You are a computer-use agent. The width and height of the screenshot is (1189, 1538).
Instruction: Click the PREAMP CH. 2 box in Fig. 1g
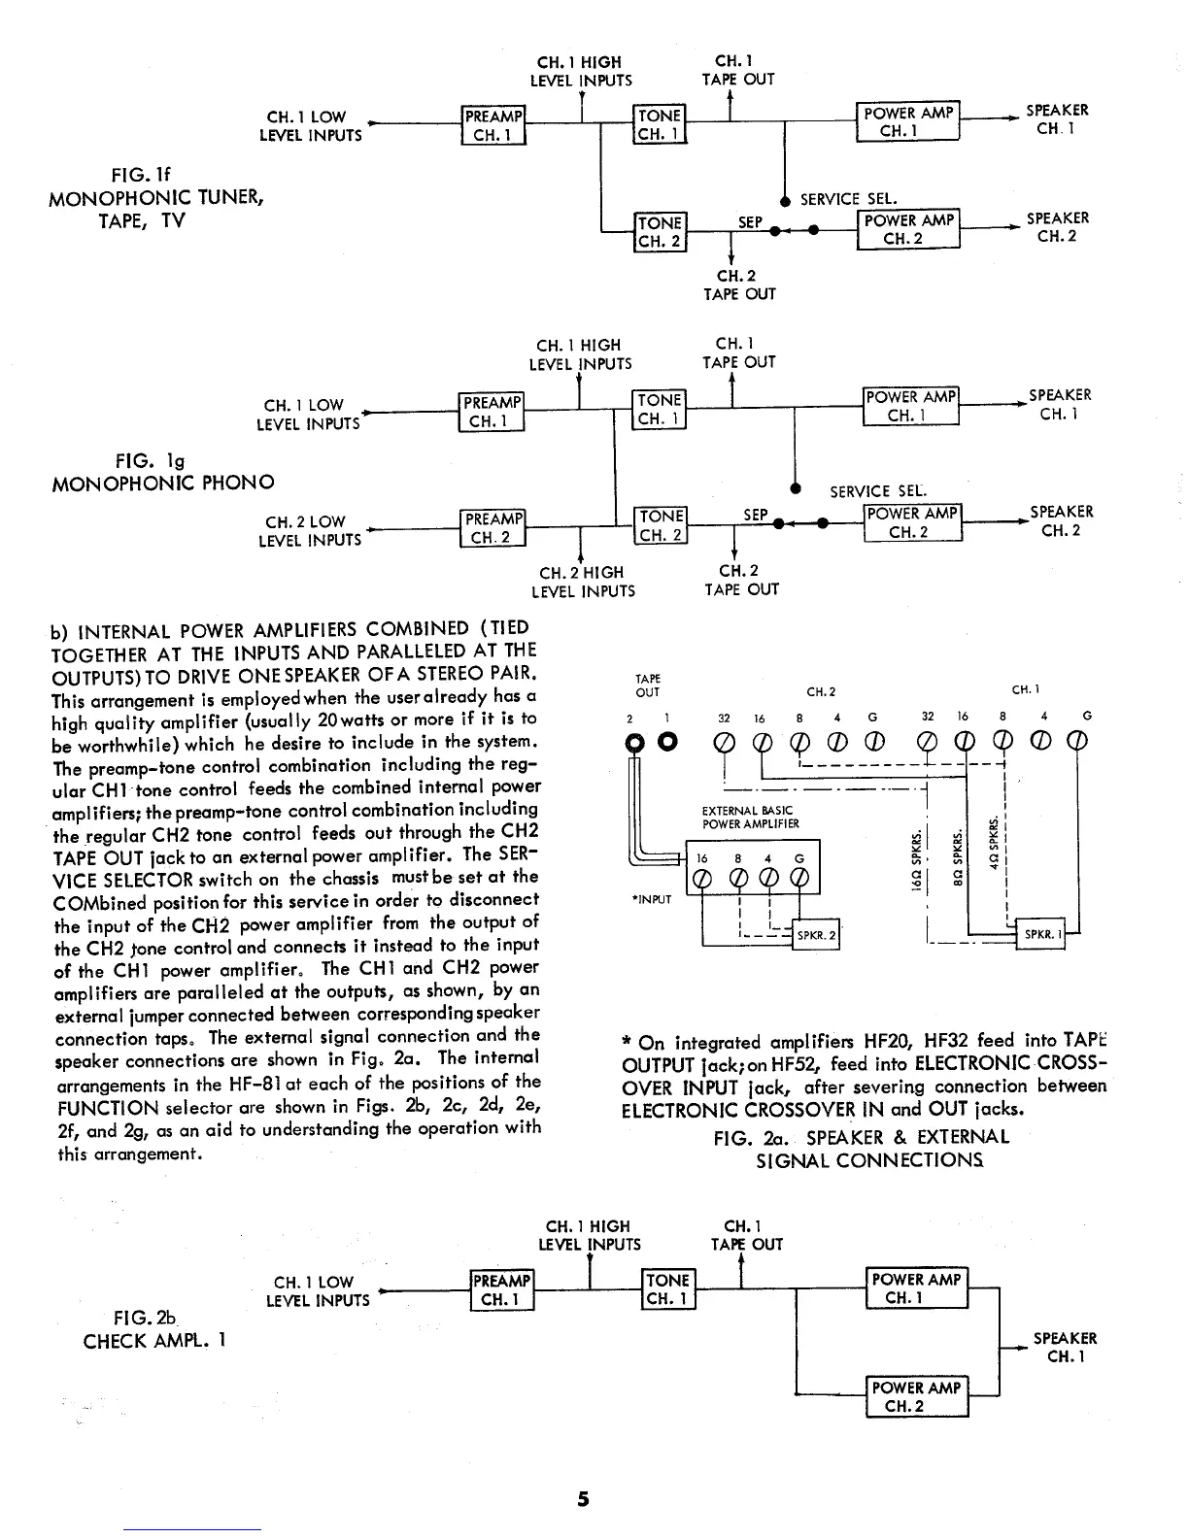click(493, 528)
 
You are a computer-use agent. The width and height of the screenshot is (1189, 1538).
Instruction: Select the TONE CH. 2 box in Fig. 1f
click(660, 232)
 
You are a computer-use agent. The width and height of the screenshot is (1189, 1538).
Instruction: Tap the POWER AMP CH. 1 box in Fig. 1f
click(907, 121)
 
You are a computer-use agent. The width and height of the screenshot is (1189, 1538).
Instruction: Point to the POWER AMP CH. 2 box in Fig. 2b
click(917, 1397)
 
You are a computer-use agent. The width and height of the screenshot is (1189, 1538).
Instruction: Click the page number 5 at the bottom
click(583, 1498)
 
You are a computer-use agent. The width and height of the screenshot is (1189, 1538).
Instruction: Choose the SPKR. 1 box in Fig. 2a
click(1041, 935)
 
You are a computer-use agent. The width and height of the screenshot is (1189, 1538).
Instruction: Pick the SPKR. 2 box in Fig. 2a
click(816, 935)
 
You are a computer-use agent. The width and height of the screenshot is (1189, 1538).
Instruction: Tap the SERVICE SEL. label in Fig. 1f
click(843, 199)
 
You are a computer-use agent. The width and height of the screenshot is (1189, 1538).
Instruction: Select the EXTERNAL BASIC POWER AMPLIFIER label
click(750, 818)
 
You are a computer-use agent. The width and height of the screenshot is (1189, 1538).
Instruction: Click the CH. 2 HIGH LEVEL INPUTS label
click(583, 582)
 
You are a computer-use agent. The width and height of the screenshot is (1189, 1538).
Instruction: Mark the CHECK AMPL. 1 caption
click(155, 1342)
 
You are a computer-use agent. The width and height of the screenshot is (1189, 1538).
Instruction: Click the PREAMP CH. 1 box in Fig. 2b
click(501, 1289)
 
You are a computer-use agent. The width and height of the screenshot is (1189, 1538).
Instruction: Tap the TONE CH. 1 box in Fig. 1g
click(660, 410)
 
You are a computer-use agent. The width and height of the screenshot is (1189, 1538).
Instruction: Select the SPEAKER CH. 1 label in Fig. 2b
click(1065, 1348)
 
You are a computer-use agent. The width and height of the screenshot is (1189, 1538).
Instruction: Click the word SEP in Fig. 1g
click(755, 515)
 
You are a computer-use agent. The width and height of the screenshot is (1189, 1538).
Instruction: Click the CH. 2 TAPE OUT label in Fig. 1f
click(739, 284)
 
